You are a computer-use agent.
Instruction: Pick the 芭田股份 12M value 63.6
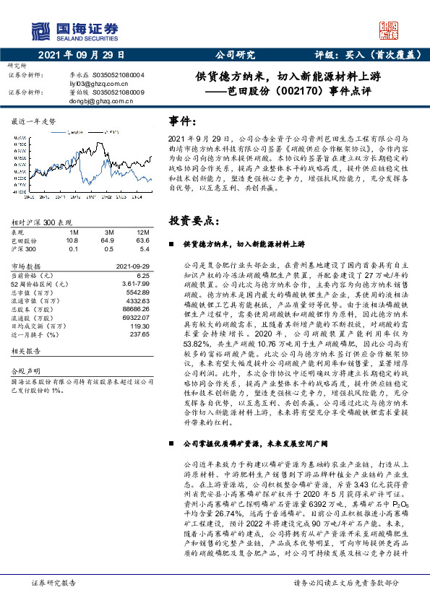142,240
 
